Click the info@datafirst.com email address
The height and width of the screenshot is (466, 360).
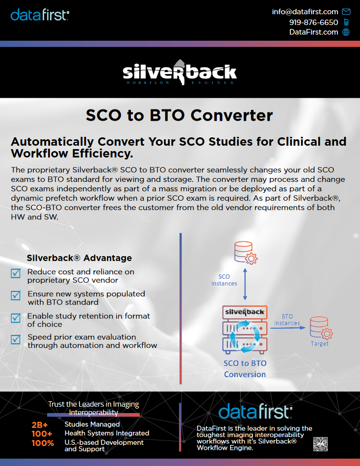coord(305,12)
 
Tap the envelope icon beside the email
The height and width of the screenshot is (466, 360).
coord(346,12)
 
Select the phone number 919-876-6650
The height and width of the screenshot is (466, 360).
coord(313,22)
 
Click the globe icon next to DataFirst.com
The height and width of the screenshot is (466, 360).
coord(346,32)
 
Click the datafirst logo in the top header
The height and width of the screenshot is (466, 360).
coord(40,15)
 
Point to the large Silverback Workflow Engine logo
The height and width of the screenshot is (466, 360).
coord(180,73)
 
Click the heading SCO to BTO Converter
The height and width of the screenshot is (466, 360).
coord(179,115)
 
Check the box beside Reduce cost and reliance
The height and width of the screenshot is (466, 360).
coord(16,273)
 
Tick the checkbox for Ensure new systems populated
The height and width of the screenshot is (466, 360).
coord(16,295)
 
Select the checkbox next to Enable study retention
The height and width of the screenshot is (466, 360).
coord(16,318)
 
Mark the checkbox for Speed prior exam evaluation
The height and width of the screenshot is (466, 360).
coord(16,339)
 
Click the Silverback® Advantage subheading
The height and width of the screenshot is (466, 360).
coord(79,258)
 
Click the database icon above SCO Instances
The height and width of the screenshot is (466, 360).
coord(246,253)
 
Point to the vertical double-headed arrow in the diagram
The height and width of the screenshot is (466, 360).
coord(245,284)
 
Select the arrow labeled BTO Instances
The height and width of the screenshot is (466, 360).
coord(288,328)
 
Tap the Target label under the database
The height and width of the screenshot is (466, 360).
coord(320,343)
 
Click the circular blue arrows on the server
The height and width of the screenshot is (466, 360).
coord(245,337)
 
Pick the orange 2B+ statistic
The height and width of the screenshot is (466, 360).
coord(40,425)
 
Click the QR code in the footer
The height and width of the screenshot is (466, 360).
coord(320,444)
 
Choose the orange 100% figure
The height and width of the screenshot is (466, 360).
coord(43,443)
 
